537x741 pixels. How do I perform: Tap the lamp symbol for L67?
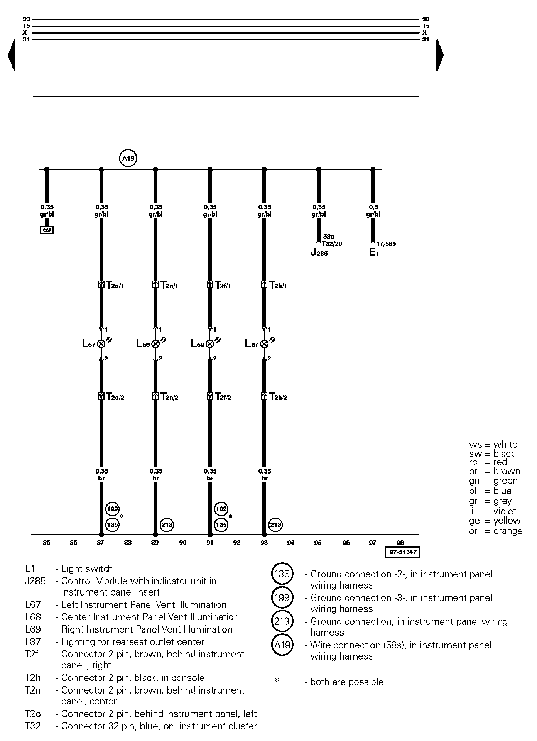pos(101,343)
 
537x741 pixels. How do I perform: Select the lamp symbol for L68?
pos(155,343)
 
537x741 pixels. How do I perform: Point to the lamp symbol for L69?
pos(210,343)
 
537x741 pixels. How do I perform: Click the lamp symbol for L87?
pos(264,343)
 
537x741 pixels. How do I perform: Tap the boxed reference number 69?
pos(47,230)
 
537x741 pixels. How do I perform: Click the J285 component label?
pos(319,253)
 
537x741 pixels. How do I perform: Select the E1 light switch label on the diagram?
pos(374,253)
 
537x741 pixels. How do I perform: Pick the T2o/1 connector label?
pos(115,286)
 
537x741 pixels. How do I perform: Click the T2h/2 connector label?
pos(278,397)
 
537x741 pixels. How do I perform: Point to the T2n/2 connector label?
pos(169,397)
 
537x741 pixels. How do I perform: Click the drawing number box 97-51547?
pos(402,552)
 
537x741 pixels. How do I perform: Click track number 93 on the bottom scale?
pos(264,543)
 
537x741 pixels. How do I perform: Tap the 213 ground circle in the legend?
pos(282,621)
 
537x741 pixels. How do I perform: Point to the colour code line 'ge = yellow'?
pos(496,521)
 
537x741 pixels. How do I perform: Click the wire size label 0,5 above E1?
pos(373,207)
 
